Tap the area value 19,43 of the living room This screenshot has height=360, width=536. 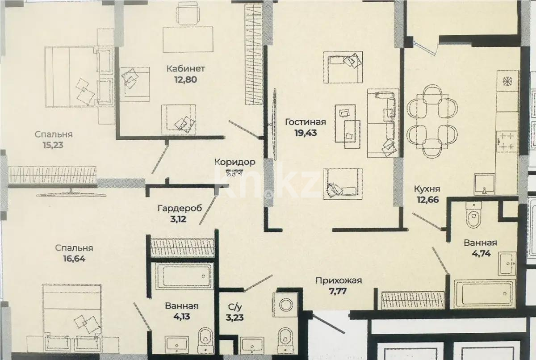(306, 133)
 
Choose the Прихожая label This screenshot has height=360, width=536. (338, 281)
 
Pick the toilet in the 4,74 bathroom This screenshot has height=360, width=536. (473, 216)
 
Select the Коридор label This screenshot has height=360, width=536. (234, 162)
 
